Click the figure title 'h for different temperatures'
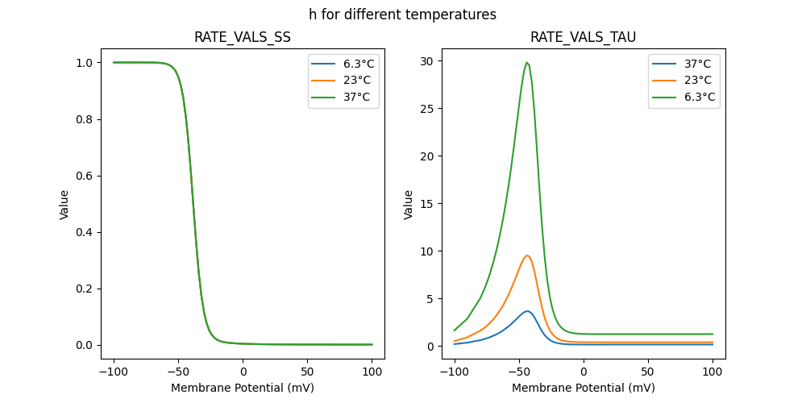pos(402,15)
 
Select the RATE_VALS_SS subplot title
pos(242,37)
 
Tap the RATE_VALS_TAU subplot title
pos(583,37)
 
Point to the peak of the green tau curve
pos(526,63)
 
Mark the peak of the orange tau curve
pos(527,256)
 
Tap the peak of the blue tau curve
pos(527,311)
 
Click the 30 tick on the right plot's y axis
pos(426,61)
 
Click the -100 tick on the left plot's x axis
pos(114,372)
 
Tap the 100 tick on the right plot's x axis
pos(713,372)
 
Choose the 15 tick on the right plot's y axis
pos(426,204)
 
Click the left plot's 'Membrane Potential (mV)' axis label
pos(242,388)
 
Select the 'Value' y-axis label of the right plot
pos(409,205)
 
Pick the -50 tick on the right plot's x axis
pos(519,372)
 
